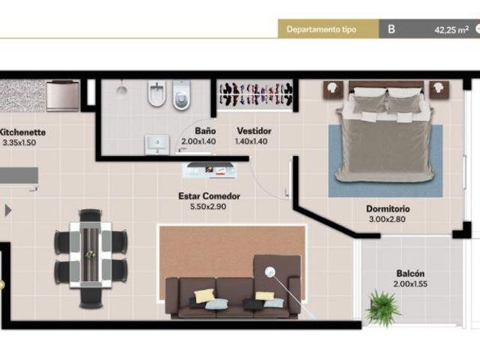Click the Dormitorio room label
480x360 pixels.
[x=388, y=208]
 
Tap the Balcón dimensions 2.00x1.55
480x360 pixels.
[x=410, y=283]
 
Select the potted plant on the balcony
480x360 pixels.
[x=382, y=308]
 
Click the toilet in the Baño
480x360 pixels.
[x=181, y=94]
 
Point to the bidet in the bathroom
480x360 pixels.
[x=157, y=93]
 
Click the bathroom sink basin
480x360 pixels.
[x=157, y=144]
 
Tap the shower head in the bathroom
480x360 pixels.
[x=121, y=89]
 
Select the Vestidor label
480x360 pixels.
[x=254, y=131]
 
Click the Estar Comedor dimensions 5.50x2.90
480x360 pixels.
[x=208, y=207]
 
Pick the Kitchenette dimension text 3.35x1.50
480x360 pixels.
[x=19, y=142]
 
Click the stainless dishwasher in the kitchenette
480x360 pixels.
[x=63, y=95]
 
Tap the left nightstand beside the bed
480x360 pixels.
[x=333, y=90]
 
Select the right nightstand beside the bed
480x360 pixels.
[x=439, y=89]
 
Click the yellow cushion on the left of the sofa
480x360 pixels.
[x=205, y=295]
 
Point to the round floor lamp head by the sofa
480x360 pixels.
[x=270, y=271]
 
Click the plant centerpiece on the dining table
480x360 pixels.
[x=90, y=254]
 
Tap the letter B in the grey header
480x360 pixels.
[x=391, y=29]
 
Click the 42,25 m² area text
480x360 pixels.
[x=451, y=30]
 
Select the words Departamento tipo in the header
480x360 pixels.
[x=321, y=29]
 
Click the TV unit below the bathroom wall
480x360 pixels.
[x=210, y=170]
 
